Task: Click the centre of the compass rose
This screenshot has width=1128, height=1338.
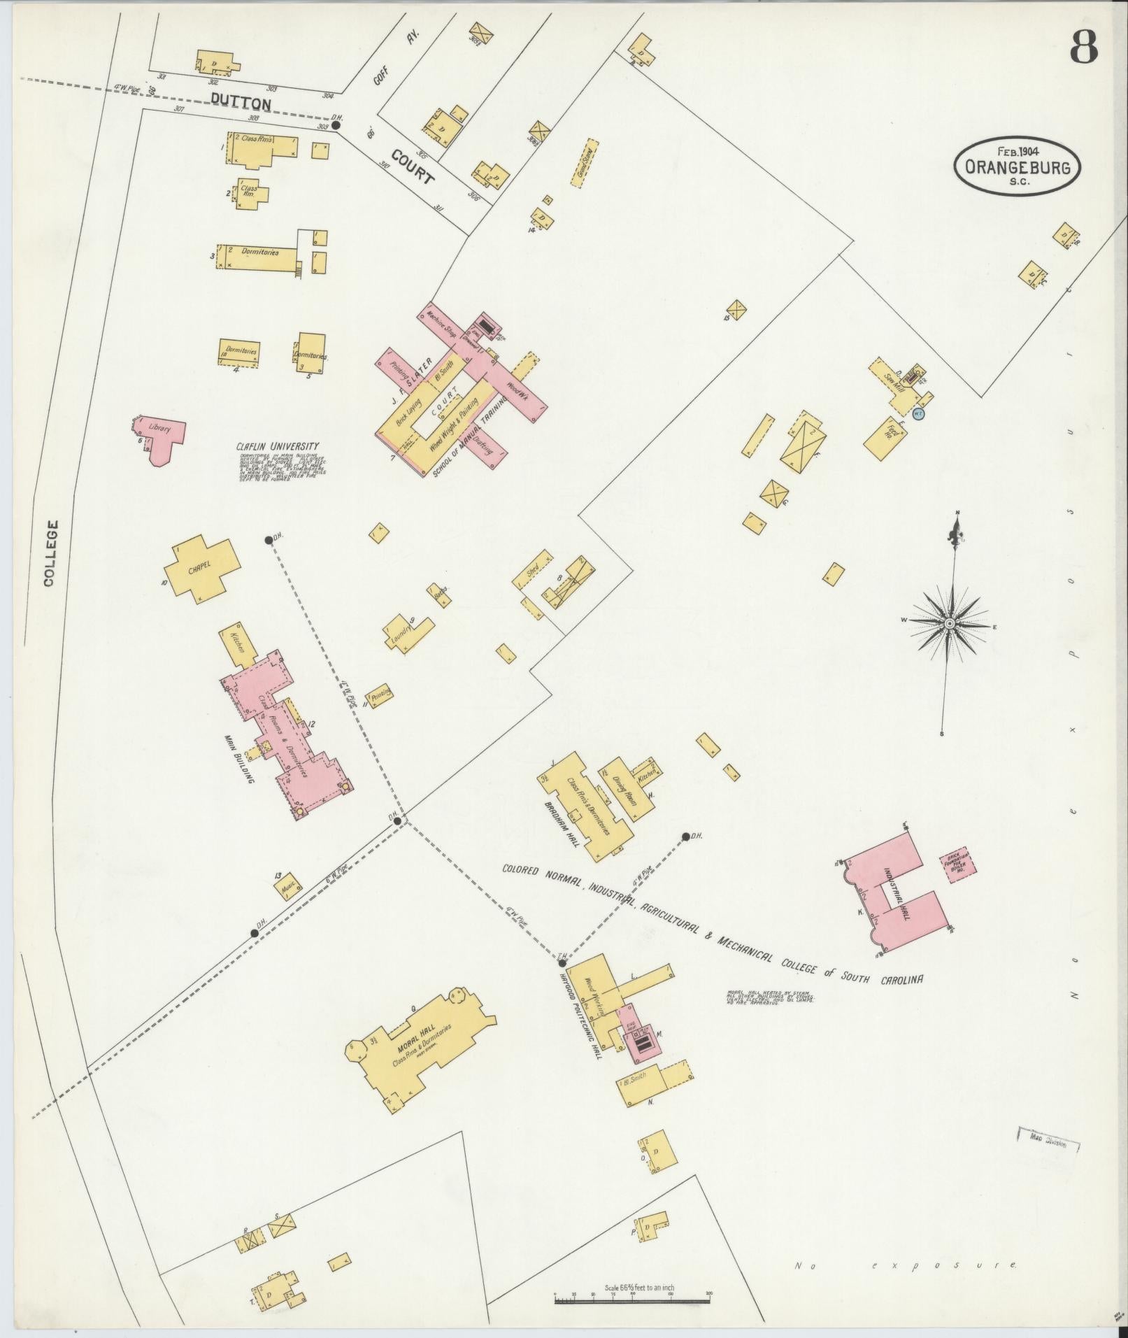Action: [950, 623]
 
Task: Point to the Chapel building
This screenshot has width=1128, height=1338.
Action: [201, 566]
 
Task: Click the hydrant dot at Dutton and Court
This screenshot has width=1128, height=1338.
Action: [336, 125]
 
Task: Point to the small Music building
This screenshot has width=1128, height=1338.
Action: [287, 887]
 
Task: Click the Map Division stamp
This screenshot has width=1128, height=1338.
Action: [1048, 1144]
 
